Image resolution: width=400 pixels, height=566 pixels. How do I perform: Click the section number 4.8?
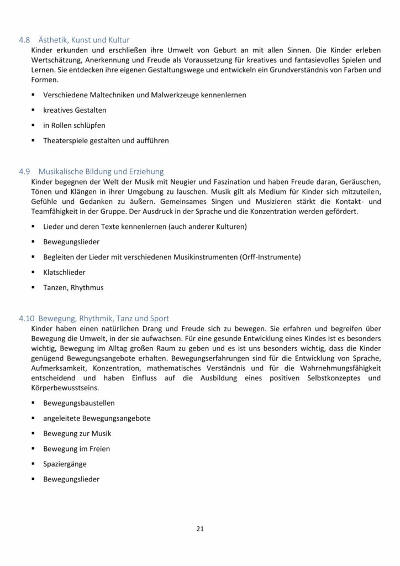click(x=25, y=40)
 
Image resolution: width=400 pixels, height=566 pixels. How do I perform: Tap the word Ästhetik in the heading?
click(x=54, y=40)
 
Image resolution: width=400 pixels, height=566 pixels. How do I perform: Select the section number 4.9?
click(x=25, y=171)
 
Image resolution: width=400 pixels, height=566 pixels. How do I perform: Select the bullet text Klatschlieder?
click(x=64, y=272)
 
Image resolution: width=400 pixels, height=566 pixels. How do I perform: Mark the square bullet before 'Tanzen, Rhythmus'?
click(x=34, y=287)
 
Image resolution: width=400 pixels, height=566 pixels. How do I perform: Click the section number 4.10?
click(x=27, y=318)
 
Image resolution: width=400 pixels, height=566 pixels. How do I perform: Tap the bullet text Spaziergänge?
click(x=65, y=464)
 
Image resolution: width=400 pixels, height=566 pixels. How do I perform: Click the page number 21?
click(x=200, y=529)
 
